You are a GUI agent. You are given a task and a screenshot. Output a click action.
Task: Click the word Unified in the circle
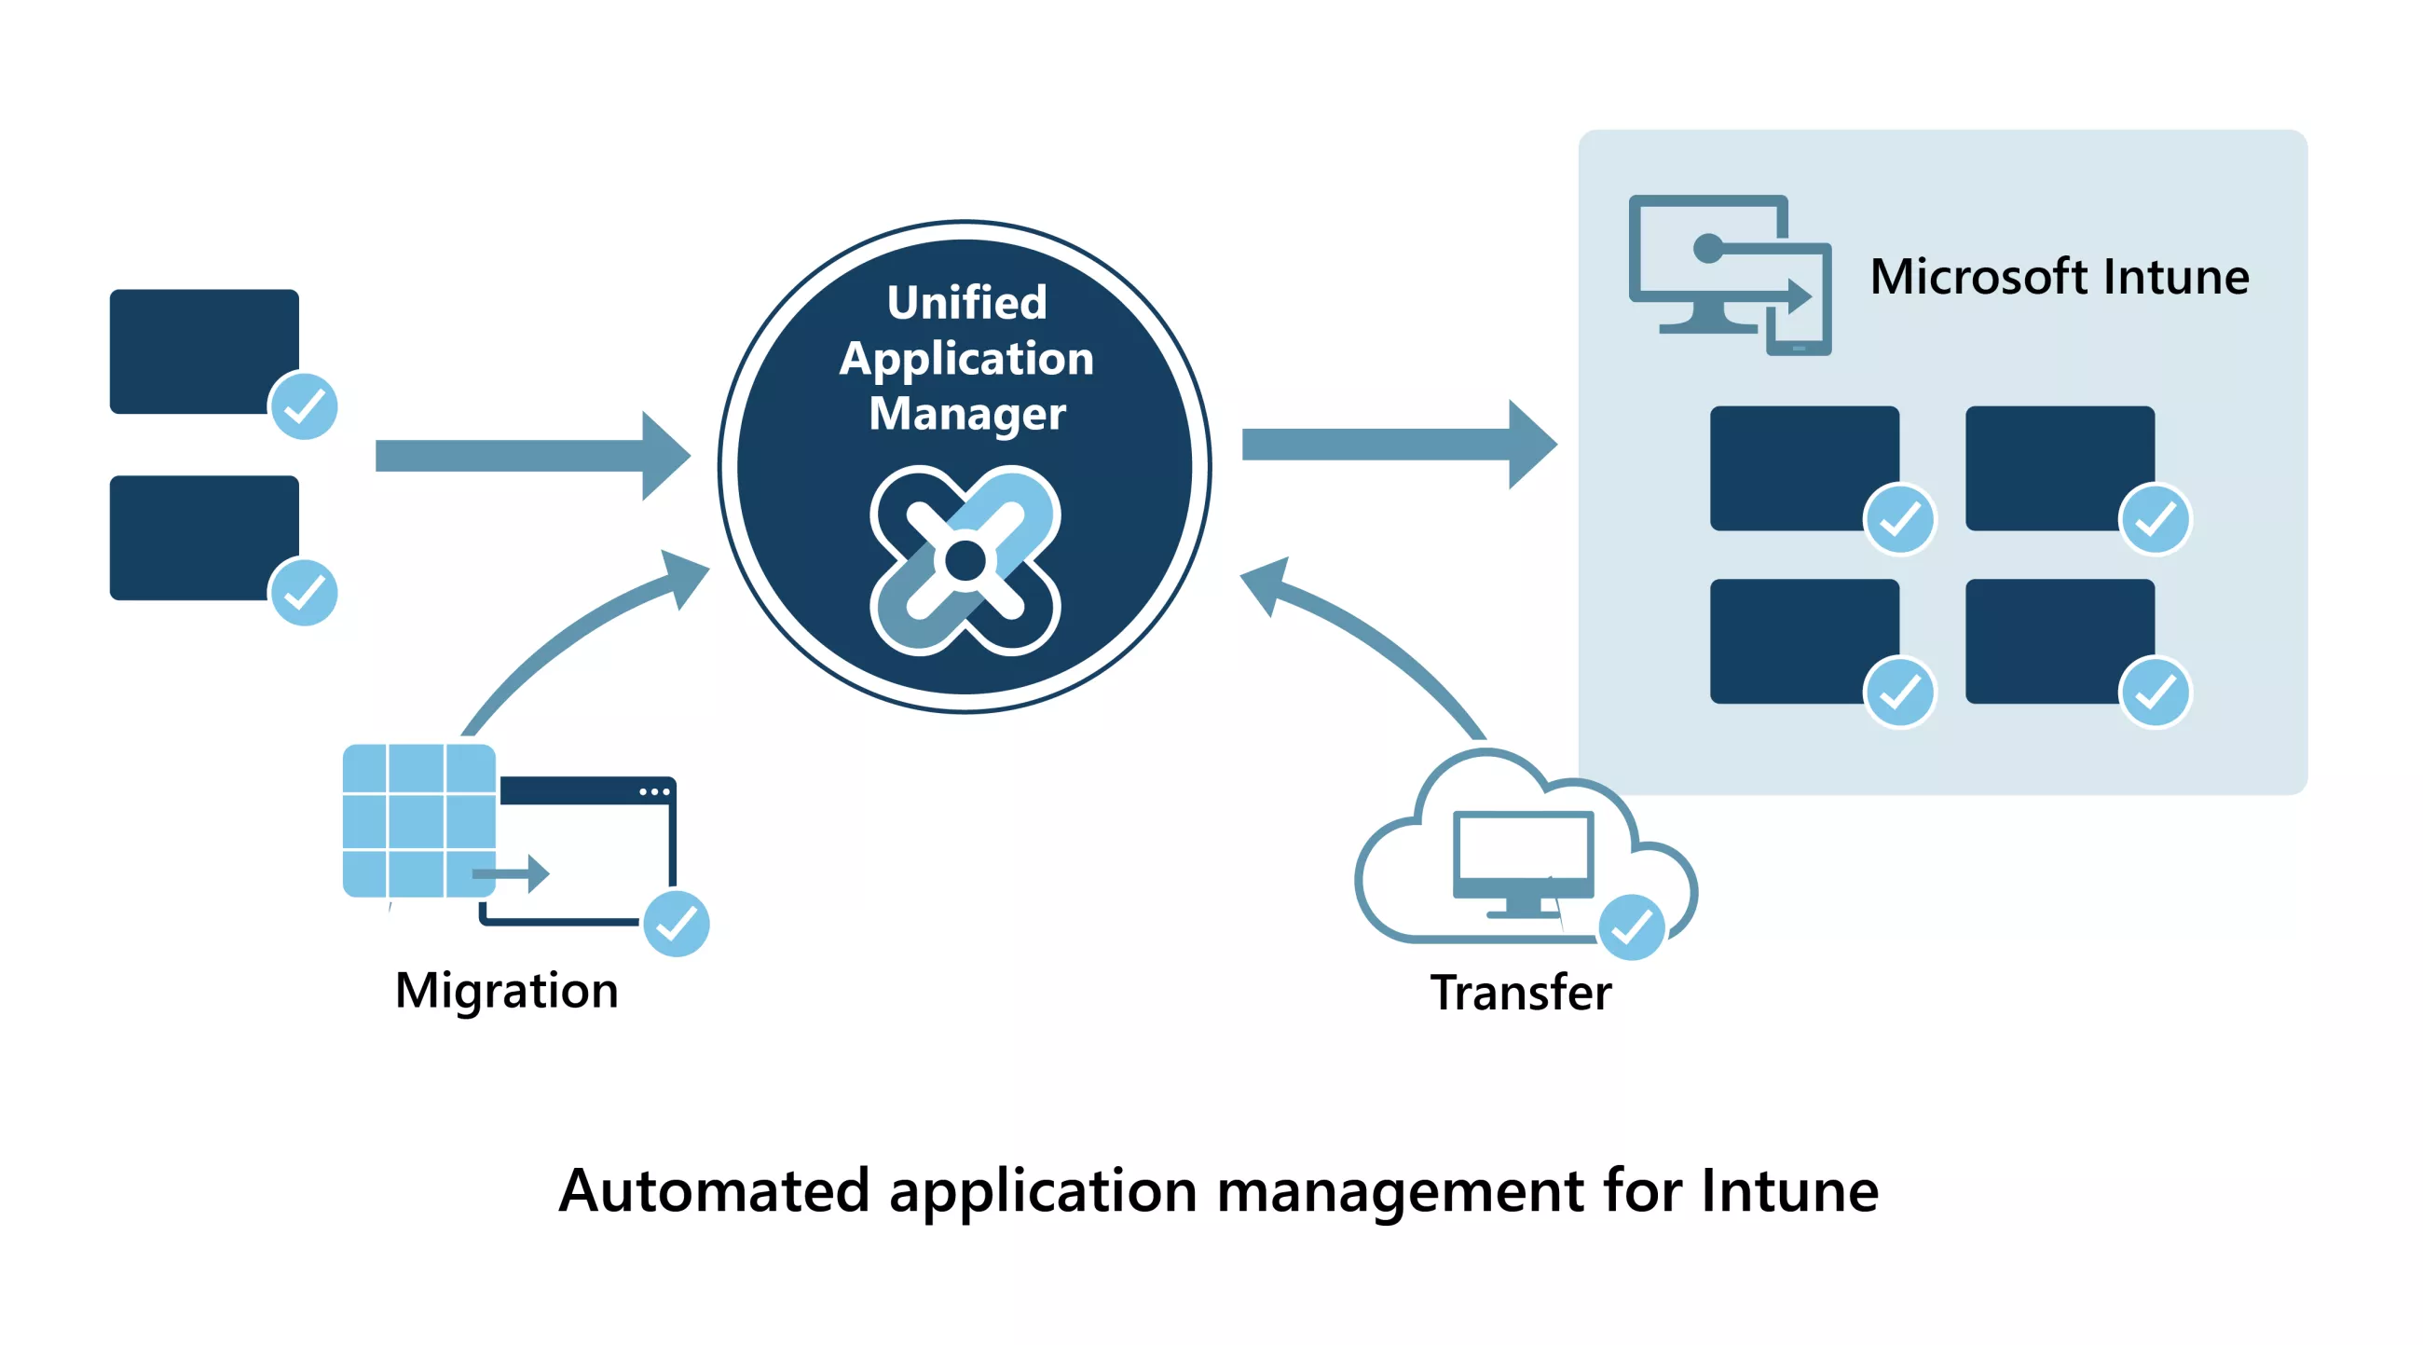click(966, 303)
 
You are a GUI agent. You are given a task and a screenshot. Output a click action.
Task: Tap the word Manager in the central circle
click(967, 414)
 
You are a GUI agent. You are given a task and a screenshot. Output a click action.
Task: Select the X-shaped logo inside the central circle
click(965, 560)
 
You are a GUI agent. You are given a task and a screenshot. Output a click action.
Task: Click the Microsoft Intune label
click(2058, 277)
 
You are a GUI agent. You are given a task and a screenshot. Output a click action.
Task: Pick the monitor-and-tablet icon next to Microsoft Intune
click(1729, 274)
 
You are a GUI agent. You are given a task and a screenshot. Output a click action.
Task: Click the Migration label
click(506, 991)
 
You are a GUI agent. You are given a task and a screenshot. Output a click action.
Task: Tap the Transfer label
click(1520, 993)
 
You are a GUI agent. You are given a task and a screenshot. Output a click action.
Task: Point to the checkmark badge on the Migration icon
click(677, 924)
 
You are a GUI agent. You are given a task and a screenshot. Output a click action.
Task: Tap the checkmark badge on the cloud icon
click(1632, 927)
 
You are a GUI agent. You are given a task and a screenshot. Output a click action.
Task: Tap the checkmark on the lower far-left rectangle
click(304, 593)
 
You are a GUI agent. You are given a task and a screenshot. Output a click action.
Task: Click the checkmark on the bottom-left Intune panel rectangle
click(1899, 693)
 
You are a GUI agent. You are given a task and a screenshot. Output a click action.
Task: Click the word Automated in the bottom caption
click(713, 1191)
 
